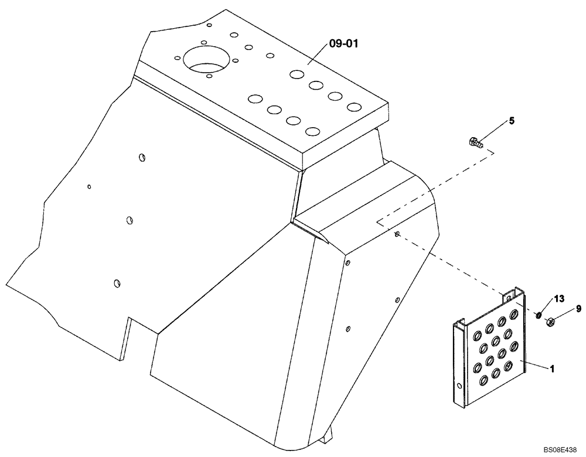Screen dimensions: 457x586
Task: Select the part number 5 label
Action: click(x=512, y=121)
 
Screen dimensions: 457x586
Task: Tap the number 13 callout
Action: click(x=559, y=299)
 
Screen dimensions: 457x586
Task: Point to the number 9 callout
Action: click(x=578, y=308)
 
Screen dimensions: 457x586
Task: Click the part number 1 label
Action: click(x=552, y=370)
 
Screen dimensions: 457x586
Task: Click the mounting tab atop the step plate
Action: click(x=513, y=296)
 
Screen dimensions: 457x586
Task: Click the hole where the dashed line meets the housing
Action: click(x=397, y=234)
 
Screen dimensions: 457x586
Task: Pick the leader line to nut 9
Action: click(x=565, y=314)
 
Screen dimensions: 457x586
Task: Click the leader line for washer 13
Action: click(x=547, y=307)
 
